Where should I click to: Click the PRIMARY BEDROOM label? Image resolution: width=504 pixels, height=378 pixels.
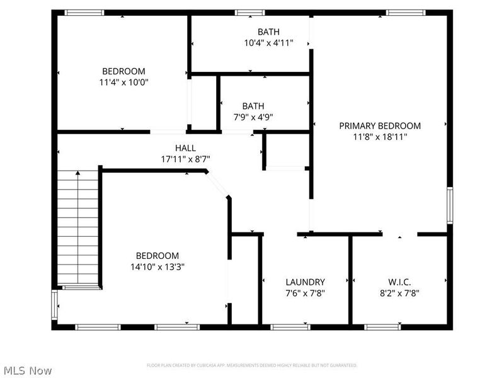point(380,125)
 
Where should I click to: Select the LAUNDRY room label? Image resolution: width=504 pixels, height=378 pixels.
point(305,282)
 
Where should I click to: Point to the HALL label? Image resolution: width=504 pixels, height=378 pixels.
point(185,147)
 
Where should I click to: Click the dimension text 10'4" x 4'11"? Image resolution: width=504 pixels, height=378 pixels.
point(268,43)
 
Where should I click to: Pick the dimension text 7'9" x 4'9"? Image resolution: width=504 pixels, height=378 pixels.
point(253,117)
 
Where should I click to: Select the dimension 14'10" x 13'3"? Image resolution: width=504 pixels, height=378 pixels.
point(157,266)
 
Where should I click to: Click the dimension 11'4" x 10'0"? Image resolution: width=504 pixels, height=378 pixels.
point(124,82)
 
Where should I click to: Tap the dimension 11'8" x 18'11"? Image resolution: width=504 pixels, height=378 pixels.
point(380,136)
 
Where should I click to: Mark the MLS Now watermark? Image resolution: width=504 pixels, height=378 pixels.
point(27,370)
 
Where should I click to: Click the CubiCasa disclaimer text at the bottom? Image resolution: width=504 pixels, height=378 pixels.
point(252,365)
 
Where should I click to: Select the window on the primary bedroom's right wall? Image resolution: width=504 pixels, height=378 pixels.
point(449,205)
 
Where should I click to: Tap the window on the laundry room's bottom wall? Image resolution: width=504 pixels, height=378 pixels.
point(290,327)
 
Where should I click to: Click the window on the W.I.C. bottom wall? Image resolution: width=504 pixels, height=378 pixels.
point(382,327)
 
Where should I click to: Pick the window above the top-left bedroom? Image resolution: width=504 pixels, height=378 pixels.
point(85,12)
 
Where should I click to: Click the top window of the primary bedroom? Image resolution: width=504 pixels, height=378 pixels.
point(406,12)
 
